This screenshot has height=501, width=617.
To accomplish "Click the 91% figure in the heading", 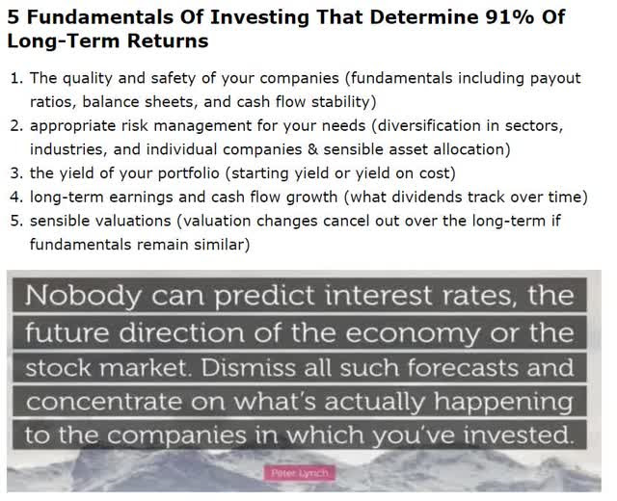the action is pos(510,17).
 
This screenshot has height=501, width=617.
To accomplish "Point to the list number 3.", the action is pos(17,173).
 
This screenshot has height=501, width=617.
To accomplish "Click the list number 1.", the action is pos(17,78).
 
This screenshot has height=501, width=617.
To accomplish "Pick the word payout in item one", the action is pos(555,79).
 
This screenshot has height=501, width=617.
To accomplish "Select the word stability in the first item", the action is pos(343,102).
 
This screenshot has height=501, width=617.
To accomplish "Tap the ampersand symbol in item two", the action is pos(312,149).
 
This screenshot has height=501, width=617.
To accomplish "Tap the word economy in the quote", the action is pos(414,333).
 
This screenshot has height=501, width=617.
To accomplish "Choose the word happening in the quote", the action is pos(503,403).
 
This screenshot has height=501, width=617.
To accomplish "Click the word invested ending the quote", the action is pos(519,435).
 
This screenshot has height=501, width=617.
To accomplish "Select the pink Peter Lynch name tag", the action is pos(300,473).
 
